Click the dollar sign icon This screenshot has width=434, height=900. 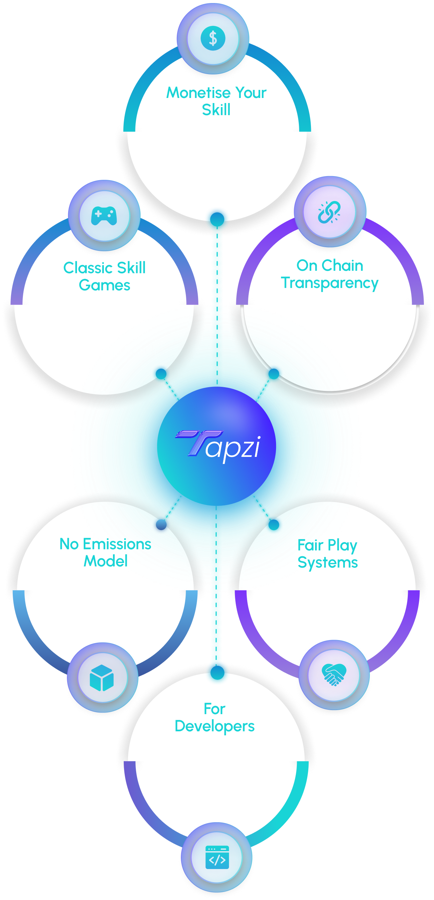pos(213,38)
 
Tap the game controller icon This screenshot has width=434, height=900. pos(104,216)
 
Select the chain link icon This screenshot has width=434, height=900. pos(329,212)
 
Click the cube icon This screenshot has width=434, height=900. pos(102,678)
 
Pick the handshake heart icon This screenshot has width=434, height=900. pos(333,675)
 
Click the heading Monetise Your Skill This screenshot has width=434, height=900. pos(216,101)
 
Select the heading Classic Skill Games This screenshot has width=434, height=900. pos(104,276)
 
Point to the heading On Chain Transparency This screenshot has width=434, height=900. pos(330,274)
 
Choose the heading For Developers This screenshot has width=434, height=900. pos(214,718)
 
